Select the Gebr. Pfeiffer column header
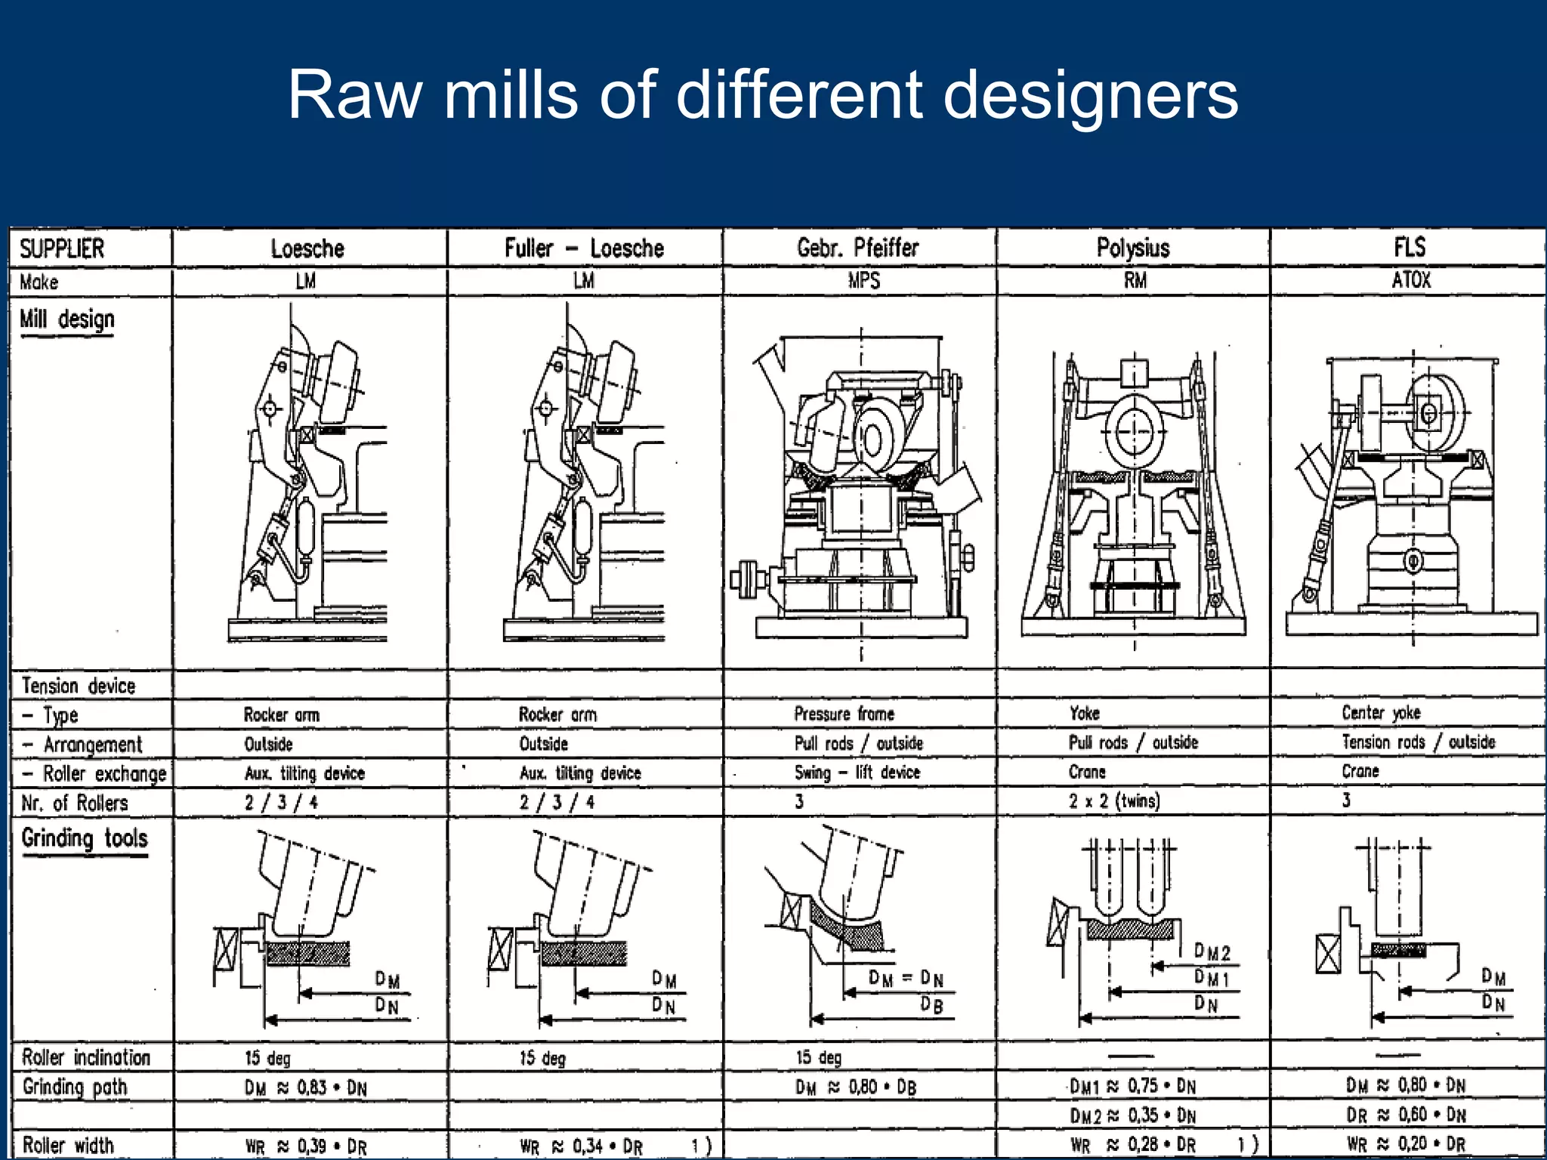[x=857, y=248]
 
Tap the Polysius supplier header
[x=1132, y=248]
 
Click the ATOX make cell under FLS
[x=1410, y=280]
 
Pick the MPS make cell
[x=863, y=281]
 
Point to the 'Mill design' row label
[x=67, y=319]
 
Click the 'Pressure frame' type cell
[x=844, y=714]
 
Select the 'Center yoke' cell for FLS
[x=1380, y=712]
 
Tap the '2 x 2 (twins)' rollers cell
[x=1113, y=801]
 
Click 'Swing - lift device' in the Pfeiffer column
[x=857, y=772]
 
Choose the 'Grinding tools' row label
[x=85, y=838]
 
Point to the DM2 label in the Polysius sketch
[x=1212, y=952]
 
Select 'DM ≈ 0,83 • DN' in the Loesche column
[x=305, y=1087]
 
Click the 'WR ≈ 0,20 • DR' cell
[x=1405, y=1144]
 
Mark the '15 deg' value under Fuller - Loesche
[x=542, y=1058]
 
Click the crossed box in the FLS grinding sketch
[x=1328, y=954]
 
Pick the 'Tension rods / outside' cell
[x=1418, y=742]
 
